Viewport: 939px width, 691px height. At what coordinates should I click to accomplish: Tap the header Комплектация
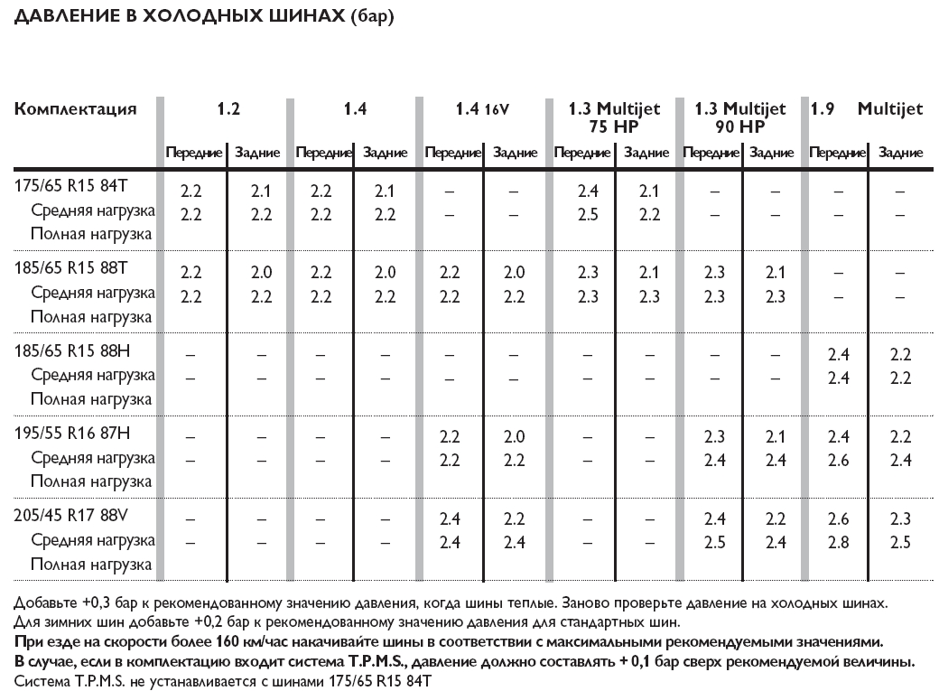point(76,109)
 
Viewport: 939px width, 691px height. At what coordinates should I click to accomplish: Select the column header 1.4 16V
point(482,109)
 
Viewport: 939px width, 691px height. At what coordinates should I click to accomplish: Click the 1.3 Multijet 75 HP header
point(614,117)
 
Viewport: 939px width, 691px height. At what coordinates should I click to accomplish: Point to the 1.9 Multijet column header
point(866,109)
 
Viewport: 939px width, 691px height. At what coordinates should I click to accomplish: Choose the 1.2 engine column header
point(228,109)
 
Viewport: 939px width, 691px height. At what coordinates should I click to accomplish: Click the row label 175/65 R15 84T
point(72,184)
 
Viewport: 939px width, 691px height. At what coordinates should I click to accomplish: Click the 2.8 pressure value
point(838,543)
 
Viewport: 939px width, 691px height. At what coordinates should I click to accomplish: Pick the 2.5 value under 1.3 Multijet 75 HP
point(588,215)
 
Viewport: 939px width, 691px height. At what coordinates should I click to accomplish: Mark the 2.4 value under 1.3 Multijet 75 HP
point(588,191)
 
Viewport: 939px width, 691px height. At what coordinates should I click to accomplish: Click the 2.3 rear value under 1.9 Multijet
point(899,519)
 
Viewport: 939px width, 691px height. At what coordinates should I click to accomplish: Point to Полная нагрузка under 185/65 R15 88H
point(91,399)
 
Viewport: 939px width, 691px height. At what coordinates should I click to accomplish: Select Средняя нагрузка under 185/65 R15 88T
point(93,293)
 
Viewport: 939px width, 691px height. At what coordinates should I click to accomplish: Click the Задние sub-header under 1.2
point(257,154)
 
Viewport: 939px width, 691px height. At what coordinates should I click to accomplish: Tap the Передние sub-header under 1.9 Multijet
point(837,154)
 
